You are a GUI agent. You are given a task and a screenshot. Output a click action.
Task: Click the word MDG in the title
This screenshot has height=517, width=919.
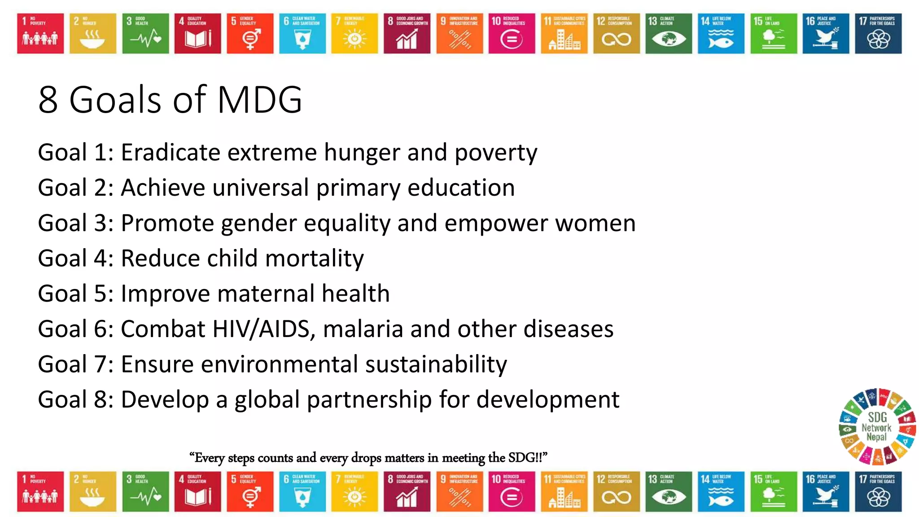pyautogui.click(x=259, y=100)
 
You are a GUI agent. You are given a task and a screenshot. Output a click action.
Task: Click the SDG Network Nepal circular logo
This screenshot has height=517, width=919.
pyautogui.click(x=877, y=426)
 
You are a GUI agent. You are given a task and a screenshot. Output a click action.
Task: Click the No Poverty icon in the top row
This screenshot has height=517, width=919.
pyautogui.click(x=40, y=34)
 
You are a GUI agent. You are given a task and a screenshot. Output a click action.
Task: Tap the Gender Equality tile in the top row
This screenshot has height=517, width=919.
pyautogui.click(x=249, y=34)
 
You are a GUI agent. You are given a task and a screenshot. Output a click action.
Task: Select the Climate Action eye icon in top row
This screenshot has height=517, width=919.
pyautogui.click(x=669, y=34)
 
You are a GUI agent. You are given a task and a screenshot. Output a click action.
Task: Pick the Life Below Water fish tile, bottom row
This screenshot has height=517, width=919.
pyautogui.click(x=721, y=491)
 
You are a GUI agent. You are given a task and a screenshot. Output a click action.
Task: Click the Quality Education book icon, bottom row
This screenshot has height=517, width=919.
pyautogui.click(x=197, y=491)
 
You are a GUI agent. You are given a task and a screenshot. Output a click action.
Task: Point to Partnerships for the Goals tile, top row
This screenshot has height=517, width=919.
pyautogui.click(x=878, y=34)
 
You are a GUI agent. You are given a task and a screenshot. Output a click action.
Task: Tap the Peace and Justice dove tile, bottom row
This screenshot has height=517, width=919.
pyautogui.click(x=826, y=491)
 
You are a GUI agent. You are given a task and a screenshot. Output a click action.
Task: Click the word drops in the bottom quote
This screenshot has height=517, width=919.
pyautogui.click(x=367, y=458)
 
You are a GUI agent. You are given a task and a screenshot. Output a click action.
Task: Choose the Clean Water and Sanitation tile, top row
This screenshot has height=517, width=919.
pyautogui.click(x=302, y=34)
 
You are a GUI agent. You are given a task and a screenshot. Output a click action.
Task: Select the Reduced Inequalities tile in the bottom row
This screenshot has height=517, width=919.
pyautogui.click(x=512, y=491)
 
